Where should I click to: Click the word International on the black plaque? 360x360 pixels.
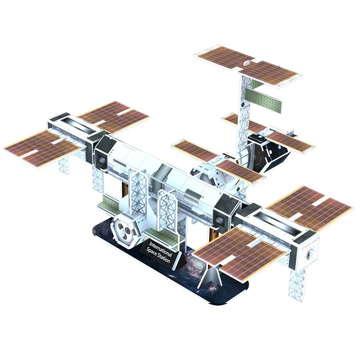[x=161, y=248]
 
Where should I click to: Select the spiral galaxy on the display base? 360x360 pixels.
[x=196, y=264]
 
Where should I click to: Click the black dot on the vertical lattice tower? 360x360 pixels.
[x=243, y=105]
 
